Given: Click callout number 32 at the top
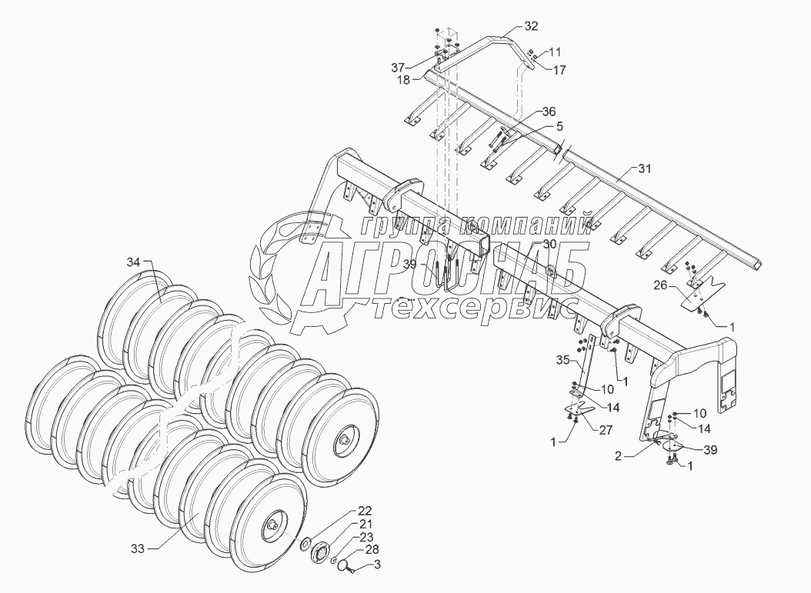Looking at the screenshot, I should (x=532, y=26).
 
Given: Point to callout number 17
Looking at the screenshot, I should (x=559, y=70).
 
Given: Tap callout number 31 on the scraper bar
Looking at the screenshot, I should (x=643, y=168).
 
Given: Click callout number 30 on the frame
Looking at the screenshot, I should (x=549, y=243).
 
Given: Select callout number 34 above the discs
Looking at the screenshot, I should (x=133, y=263).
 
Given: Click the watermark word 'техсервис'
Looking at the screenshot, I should (x=476, y=308).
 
